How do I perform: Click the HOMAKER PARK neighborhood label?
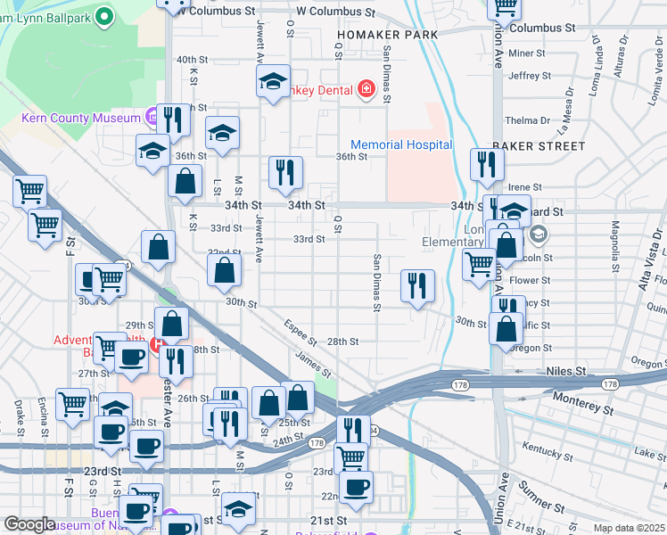(x=387, y=35)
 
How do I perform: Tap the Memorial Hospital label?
(x=401, y=145)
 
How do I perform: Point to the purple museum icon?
(x=152, y=117)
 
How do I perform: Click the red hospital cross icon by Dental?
(x=365, y=88)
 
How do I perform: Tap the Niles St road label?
(x=566, y=370)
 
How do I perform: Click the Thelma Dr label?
(x=527, y=120)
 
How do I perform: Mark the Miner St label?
(x=526, y=53)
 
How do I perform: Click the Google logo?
(x=30, y=524)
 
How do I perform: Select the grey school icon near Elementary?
(x=538, y=235)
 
